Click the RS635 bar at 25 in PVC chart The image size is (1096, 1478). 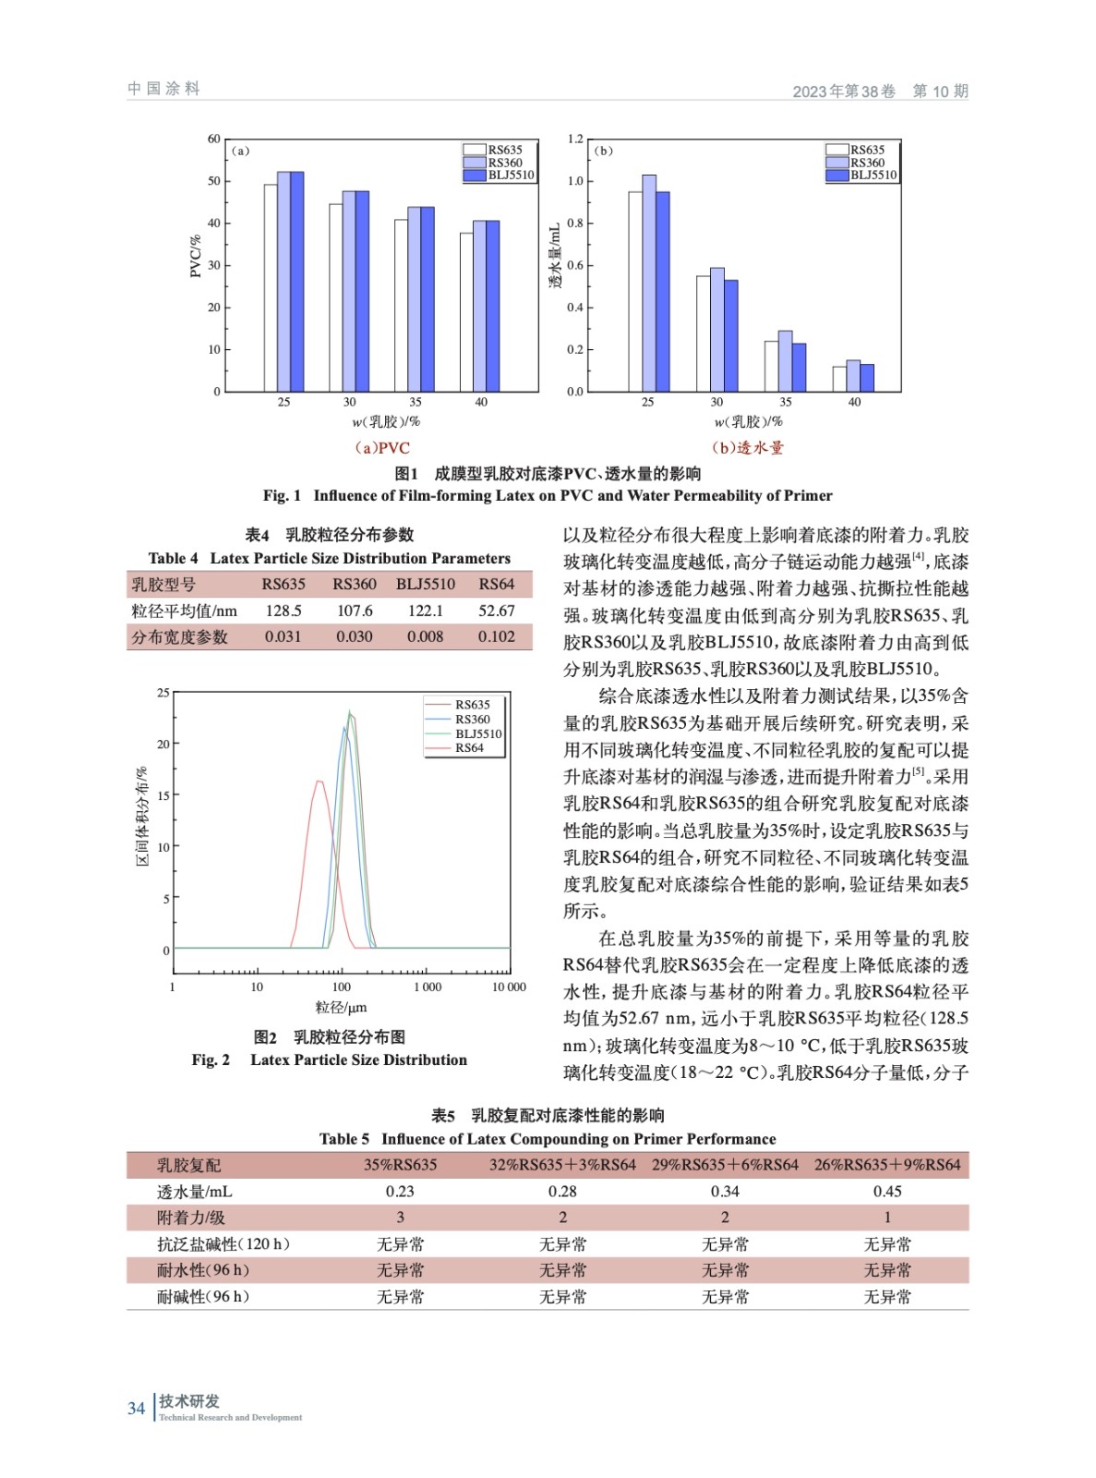pyautogui.click(x=271, y=288)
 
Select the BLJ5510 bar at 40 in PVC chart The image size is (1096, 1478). pyautogui.click(x=493, y=307)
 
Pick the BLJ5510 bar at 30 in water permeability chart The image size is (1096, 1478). pyautogui.click(x=731, y=335)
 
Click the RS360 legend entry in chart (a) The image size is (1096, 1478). pyautogui.click(x=504, y=163)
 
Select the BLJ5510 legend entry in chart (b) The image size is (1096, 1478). pyautogui.click(x=873, y=175)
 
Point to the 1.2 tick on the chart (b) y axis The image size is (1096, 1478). pyautogui.click(x=575, y=139)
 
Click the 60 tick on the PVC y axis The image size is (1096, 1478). pyautogui.click(x=214, y=139)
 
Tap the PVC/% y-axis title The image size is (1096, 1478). pyautogui.click(x=195, y=256)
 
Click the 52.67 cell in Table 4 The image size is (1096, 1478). pyautogui.click(x=497, y=611)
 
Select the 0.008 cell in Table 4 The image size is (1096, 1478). pyautogui.click(x=425, y=636)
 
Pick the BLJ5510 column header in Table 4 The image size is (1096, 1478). pyautogui.click(x=426, y=584)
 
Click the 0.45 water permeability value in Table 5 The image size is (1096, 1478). pyautogui.click(x=887, y=1192)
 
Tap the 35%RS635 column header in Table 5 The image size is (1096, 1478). pyautogui.click(x=400, y=1165)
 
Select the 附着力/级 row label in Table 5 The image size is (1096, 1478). pyautogui.click(x=191, y=1218)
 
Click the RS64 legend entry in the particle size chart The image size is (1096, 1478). pyautogui.click(x=469, y=748)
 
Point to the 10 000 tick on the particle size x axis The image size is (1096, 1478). pyautogui.click(x=509, y=987)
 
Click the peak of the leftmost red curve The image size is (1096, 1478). pyautogui.click(x=319, y=781)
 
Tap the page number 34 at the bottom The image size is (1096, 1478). pyautogui.click(x=136, y=1408)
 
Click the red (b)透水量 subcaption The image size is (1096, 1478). pyautogui.click(x=747, y=448)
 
